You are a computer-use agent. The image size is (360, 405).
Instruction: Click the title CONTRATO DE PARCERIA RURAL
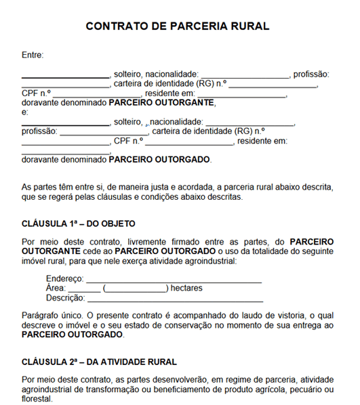178,26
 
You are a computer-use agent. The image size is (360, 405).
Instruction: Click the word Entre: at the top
33,55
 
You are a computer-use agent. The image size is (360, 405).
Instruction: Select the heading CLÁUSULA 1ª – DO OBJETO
79,223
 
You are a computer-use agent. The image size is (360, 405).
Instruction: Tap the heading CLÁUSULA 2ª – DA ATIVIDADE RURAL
99,362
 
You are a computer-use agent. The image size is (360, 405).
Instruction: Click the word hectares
186,289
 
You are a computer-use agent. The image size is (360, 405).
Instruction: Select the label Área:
56,289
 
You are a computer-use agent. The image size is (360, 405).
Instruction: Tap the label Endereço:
65,279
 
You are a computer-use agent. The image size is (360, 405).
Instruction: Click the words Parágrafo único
51,316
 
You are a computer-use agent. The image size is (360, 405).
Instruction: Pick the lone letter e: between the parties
25,112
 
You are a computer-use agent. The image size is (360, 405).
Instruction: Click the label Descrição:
66,298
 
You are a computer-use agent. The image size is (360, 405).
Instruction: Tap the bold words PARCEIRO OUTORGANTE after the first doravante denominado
161,103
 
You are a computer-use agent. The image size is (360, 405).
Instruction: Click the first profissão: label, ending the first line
311,74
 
